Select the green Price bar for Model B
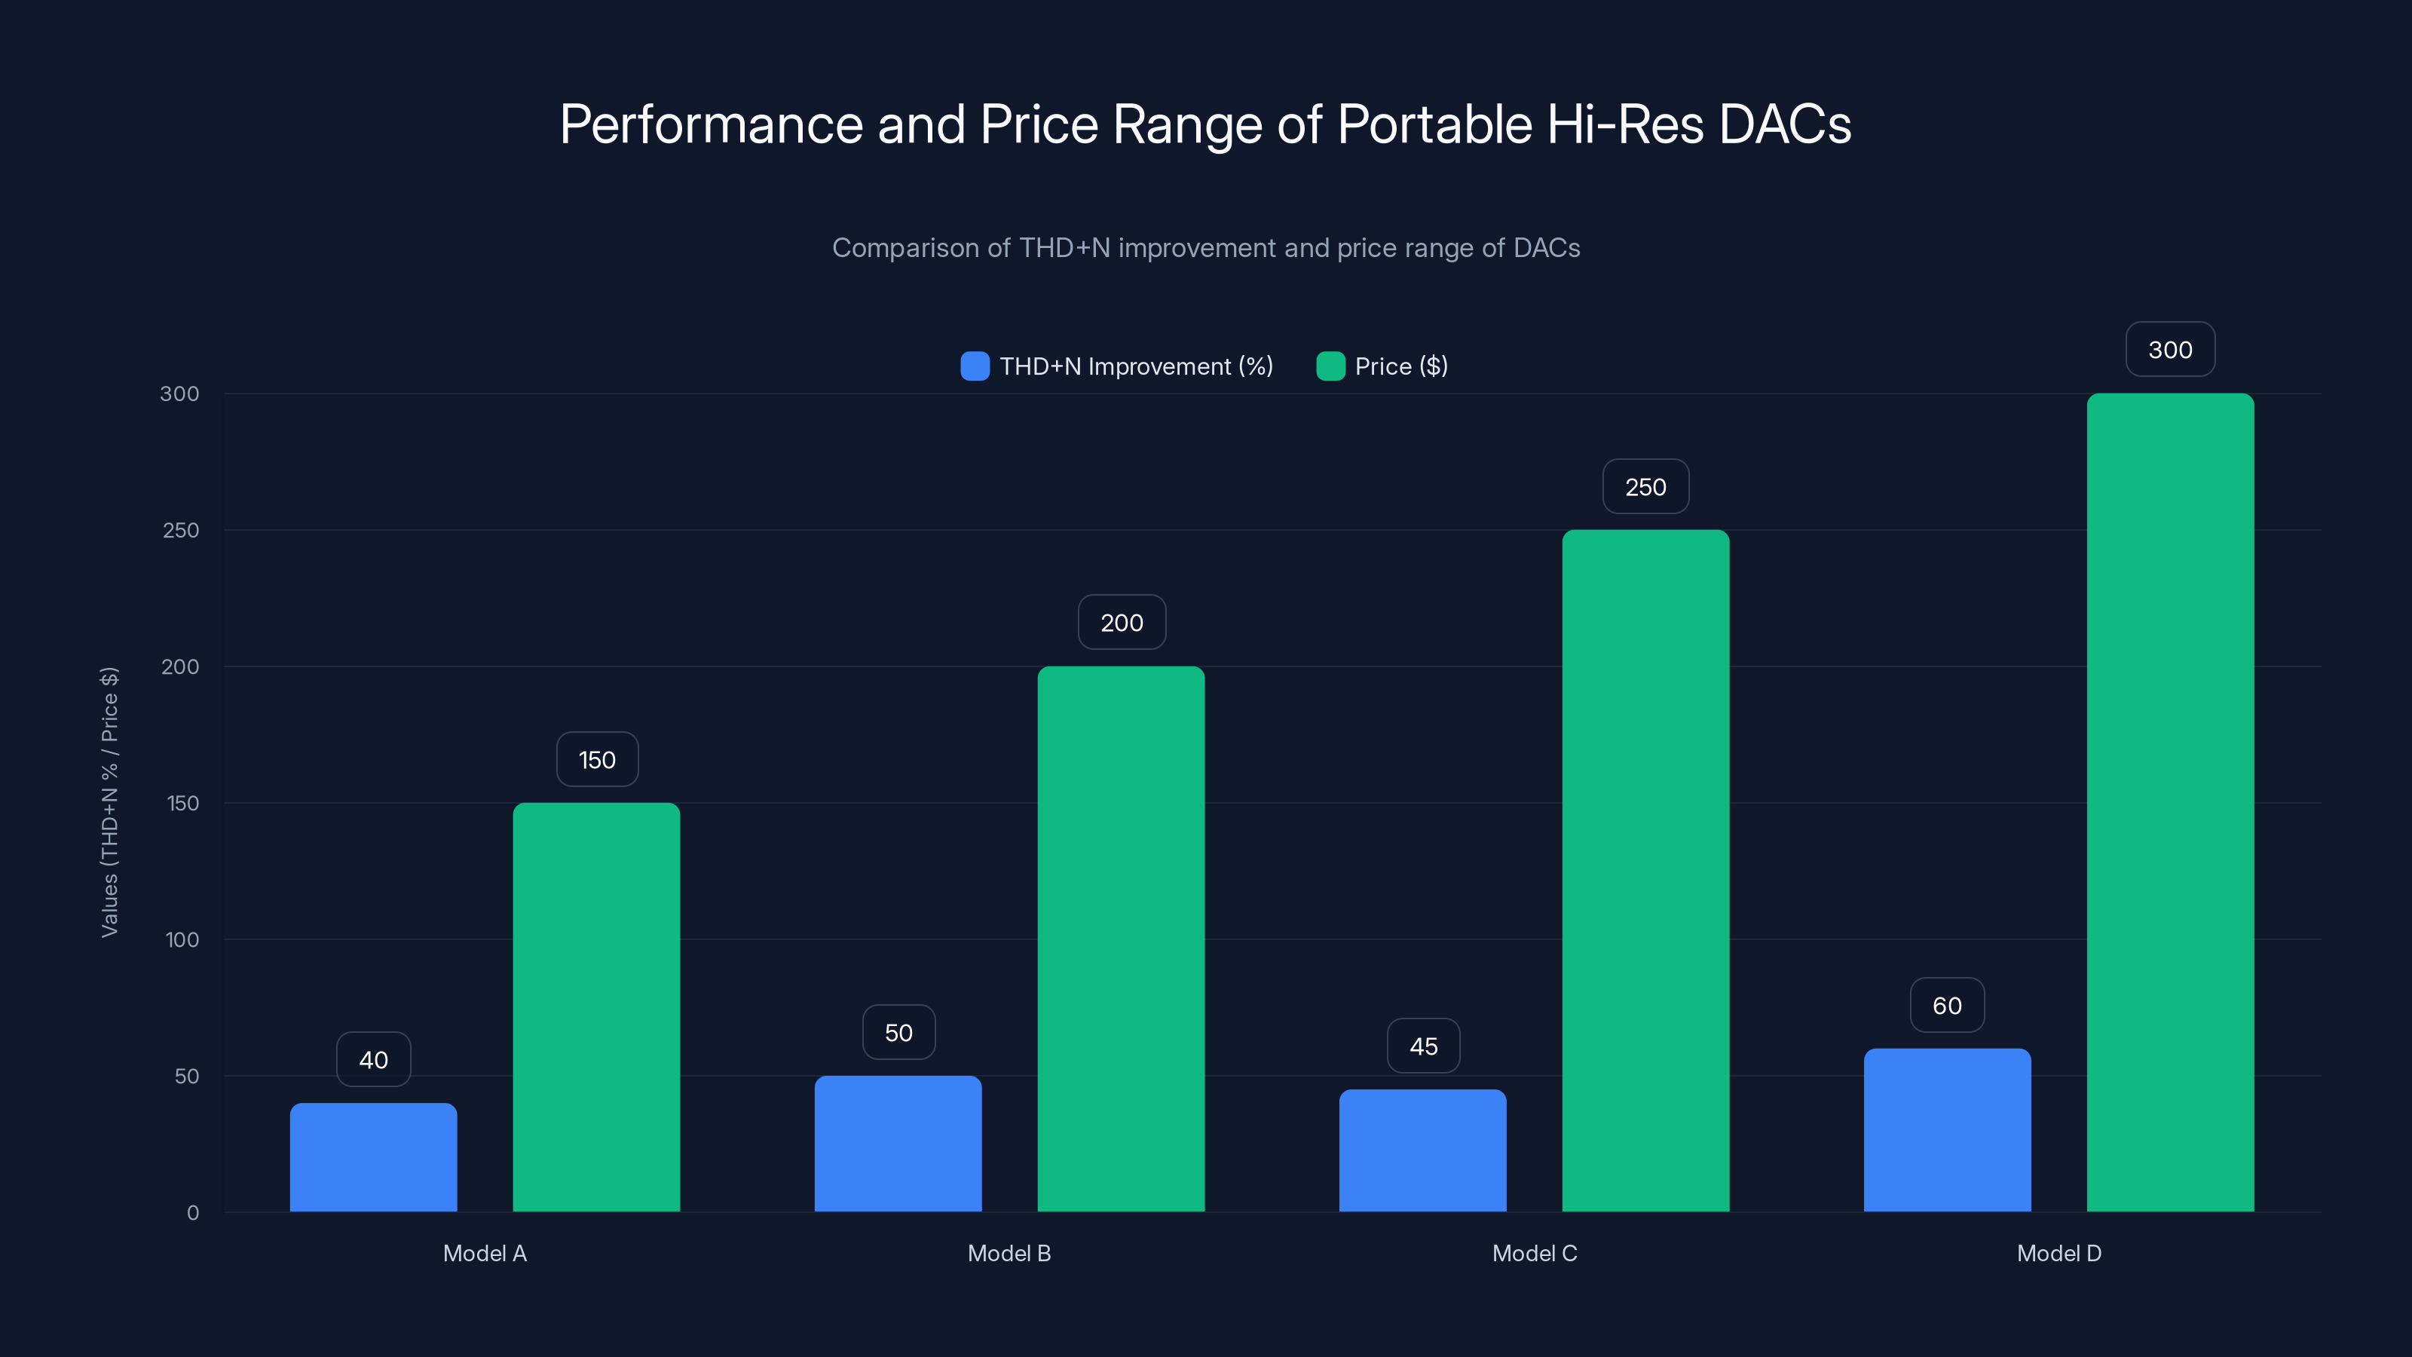pyautogui.click(x=1121, y=939)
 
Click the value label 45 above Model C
pyautogui.click(x=1423, y=1046)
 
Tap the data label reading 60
pyautogui.click(x=1947, y=1005)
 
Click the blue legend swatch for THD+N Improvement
pyautogui.click(x=975, y=366)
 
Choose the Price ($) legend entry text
pyautogui.click(x=1400, y=366)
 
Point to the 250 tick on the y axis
pyautogui.click(x=181, y=530)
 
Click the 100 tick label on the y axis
pyautogui.click(x=182, y=939)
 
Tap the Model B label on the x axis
pyautogui.click(x=1009, y=1253)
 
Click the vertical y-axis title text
pyautogui.click(x=109, y=801)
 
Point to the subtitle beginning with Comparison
pyautogui.click(x=1205, y=247)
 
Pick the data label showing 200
pyautogui.click(x=1121, y=623)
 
